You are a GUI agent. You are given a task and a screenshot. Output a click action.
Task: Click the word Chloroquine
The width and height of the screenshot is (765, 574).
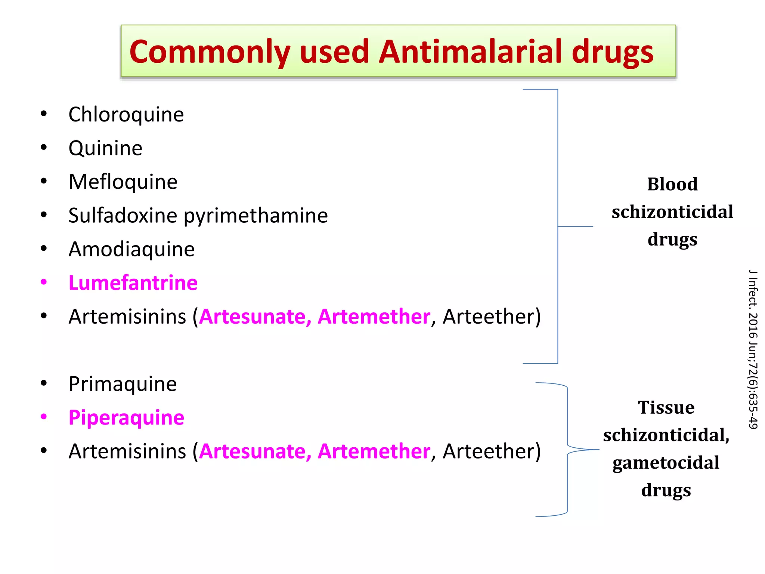126,114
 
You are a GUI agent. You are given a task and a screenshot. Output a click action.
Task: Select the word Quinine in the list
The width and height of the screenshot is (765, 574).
105,148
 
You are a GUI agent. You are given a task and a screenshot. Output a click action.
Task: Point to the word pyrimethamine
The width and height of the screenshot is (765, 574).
255,216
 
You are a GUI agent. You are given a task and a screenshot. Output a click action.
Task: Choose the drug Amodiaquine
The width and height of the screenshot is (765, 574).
131,249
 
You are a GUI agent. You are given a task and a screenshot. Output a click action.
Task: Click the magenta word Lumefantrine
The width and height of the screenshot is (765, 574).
133,283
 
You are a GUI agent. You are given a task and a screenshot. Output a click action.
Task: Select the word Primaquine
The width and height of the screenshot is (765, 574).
123,384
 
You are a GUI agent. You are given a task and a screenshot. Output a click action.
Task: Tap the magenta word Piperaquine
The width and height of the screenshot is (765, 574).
126,418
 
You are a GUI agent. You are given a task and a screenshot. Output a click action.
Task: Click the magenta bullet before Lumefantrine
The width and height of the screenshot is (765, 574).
44,282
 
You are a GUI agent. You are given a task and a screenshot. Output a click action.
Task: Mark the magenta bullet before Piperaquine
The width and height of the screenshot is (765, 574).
44,417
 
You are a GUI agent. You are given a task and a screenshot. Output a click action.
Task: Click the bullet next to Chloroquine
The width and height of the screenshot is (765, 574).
44,114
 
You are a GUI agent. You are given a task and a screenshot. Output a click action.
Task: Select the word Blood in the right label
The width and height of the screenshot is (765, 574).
672,184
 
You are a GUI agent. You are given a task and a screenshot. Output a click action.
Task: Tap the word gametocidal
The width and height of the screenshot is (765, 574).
666,463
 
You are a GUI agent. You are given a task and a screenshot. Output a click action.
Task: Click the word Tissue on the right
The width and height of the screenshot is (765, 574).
666,407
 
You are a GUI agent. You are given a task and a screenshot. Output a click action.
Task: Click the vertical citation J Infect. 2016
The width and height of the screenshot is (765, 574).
753,349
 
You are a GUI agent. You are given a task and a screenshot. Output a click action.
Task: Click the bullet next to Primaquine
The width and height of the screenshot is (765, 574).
44,383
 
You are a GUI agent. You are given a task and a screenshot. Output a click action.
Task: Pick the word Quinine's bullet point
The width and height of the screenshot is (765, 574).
44,147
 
